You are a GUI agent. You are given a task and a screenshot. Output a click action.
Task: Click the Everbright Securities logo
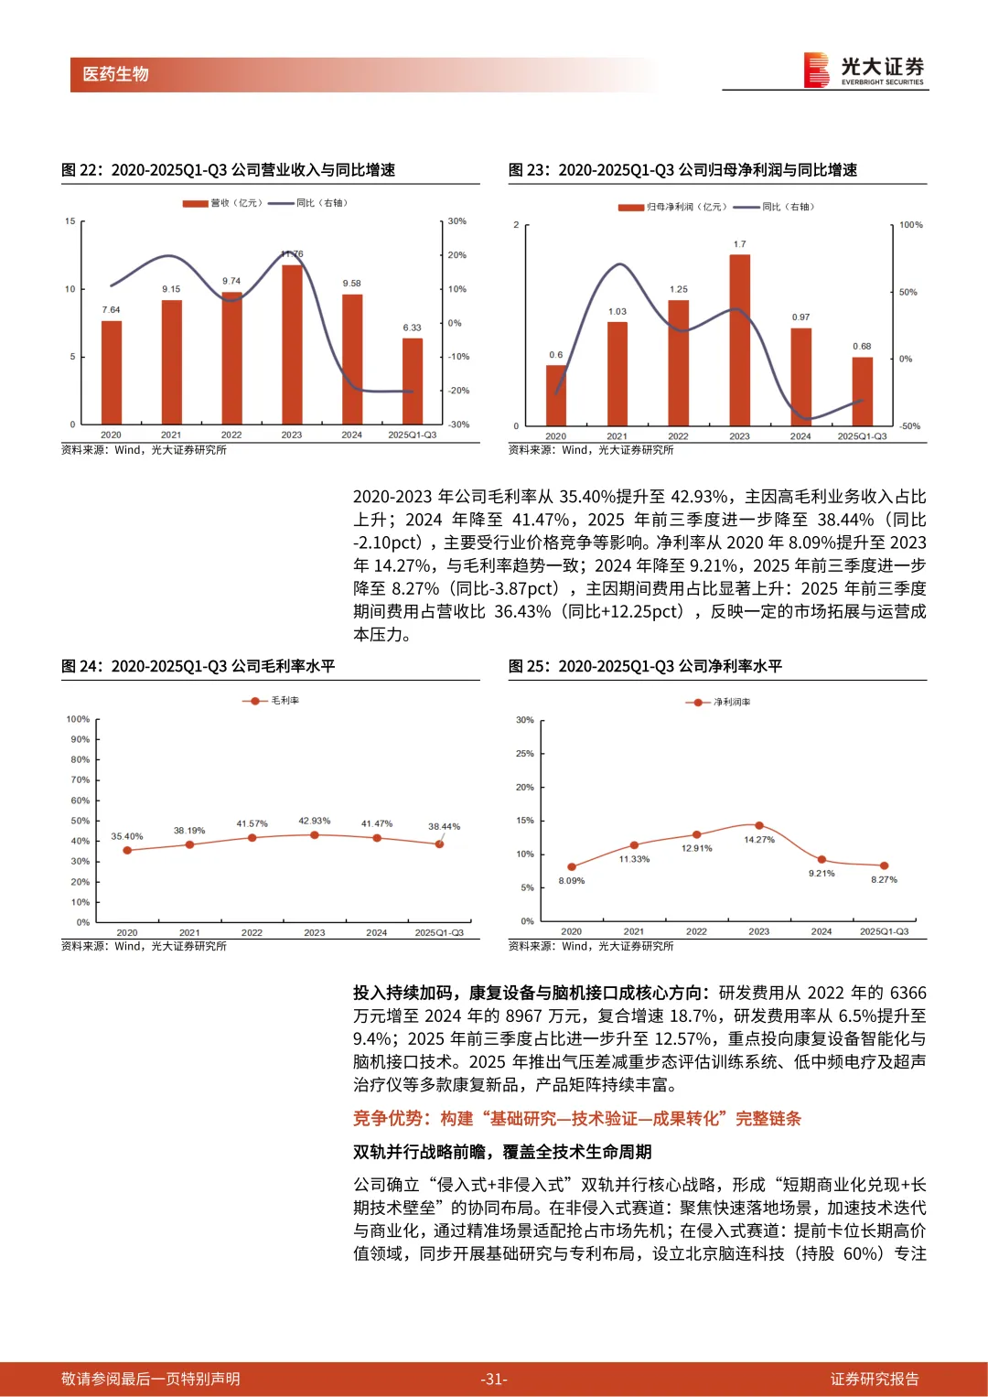pyautogui.click(x=864, y=70)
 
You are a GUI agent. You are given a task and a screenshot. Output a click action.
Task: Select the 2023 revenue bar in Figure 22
pyautogui.click(x=292, y=343)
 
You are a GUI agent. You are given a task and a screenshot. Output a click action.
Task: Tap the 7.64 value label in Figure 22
pyautogui.click(x=111, y=310)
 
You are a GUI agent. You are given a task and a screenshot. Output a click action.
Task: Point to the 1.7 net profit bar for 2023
pyautogui.click(x=739, y=339)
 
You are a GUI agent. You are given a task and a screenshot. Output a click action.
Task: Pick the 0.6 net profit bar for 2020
pyautogui.click(x=556, y=395)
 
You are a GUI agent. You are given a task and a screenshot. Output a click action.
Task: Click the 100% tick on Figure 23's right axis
pyautogui.click(x=910, y=225)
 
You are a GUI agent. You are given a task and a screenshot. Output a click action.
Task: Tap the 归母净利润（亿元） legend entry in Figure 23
pyautogui.click(x=673, y=207)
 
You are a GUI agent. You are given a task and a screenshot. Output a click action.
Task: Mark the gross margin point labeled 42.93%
pyautogui.click(x=315, y=834)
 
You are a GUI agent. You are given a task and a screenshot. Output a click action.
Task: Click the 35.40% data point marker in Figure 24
pyautogui.click(x=127, y=850)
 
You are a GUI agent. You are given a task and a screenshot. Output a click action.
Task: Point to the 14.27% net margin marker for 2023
pyautogui.click(x=759, y=825)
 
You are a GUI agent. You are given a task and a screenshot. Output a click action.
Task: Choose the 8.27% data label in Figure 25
pyautogui.click(x=884, y=879)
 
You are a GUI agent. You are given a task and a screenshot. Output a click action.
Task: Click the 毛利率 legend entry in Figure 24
pyautogui.click(x=272, y=701)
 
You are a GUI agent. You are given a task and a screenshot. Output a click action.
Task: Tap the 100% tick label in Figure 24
pyautogui.click(x=78, y=719)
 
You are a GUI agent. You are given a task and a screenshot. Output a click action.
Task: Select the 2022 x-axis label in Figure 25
pyautogui.click(x=696, y=931)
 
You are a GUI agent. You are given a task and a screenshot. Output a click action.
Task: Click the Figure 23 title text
pyautogui.click(x=682, y=170)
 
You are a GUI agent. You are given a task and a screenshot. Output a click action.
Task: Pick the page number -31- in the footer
pyautogui.click(x=494, y=1379)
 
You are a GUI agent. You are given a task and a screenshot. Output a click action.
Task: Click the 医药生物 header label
pyautogui.click(x=115, y=74)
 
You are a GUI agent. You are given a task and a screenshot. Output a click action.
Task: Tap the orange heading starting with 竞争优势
pyautogui.click(x=576, y=1118)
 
